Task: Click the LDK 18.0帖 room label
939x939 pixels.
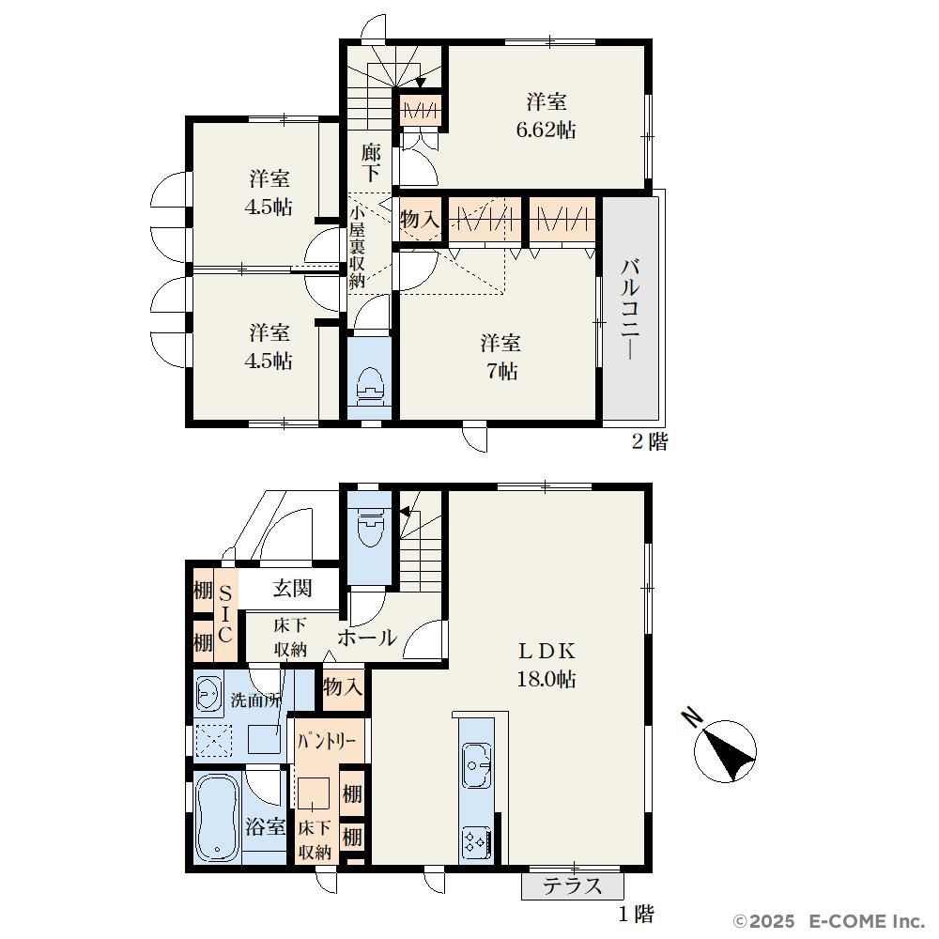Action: (546, 665)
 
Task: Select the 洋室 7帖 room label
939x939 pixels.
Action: (500, 358)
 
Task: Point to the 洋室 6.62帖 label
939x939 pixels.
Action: (546, 115)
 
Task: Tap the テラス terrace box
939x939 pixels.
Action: (573, 885)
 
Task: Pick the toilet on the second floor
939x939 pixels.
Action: (369, 383)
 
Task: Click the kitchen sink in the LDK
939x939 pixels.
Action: (477, 765)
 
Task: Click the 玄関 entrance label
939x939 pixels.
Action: (292, 588)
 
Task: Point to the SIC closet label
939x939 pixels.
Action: (225, 614)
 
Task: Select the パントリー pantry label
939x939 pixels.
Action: (327, 742)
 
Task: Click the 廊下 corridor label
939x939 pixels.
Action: (371, 162)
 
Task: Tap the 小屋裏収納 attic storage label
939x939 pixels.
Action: (357, 246)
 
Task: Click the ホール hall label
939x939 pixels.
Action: (367, 638)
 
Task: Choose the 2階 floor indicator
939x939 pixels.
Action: (650, 442)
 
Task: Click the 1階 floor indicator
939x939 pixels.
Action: (636, 914)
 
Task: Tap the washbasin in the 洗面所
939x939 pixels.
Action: (208, 695)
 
